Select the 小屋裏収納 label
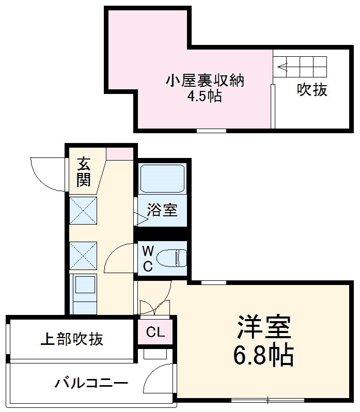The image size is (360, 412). pyautogui.click(x=205, y=81)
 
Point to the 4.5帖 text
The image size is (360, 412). pyautogui.click(x=205, y=97)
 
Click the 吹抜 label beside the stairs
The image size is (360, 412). pyautogui.click(x=312, y=90)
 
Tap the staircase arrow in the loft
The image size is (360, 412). pyautogui.click(x=284, y=66)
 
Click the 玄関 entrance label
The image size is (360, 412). pyautogui.click(x=84, y=172)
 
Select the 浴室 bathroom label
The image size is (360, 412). pyautogui.click(x=162, y=210)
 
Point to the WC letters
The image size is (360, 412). pyautogui.click(x=148, y=259)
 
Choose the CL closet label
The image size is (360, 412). pyautogui.click(x=155, y=332)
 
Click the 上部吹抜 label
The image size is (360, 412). pyautogui.click(x=72, y=339)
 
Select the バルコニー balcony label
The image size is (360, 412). pyautogui.click(x=91, y=384)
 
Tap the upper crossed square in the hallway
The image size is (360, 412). pyautogui.click(x=83, y=211)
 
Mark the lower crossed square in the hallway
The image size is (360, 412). pyautogui.click(x=83, y=255)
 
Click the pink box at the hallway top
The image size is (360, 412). pyautogui.click(x=119, y=154)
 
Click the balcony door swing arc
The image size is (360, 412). pyautogui.click(x=158, y=377)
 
